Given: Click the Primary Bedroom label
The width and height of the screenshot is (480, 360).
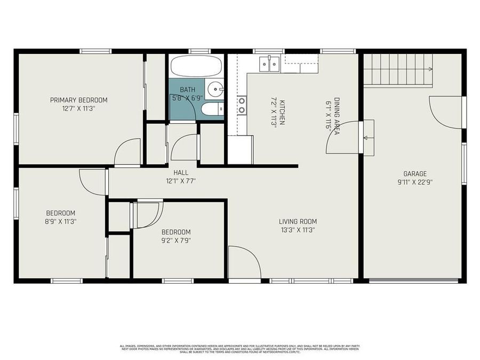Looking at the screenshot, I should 79,100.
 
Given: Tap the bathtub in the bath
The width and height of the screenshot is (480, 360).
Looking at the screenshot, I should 196,67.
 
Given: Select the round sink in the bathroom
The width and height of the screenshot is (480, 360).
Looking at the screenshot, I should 215,89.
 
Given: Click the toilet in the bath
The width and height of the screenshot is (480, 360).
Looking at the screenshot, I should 210,110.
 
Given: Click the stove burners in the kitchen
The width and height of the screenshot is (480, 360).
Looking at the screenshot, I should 242,105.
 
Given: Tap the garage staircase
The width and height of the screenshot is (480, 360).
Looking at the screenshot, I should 397,70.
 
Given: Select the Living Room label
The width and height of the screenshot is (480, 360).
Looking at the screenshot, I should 298,221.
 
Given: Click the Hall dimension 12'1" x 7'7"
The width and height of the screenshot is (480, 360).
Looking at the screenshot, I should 181,181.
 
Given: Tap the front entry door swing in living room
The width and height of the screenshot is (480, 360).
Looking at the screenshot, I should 244,262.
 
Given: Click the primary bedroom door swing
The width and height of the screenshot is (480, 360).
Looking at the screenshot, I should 128,151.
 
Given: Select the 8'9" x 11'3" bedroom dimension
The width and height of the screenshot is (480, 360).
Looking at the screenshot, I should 60,221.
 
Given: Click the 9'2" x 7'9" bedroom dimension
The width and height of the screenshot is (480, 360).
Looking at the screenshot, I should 176,240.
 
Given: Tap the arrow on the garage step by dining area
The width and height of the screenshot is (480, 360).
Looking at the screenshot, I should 366,138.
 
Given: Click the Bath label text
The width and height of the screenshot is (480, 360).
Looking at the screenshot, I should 187,90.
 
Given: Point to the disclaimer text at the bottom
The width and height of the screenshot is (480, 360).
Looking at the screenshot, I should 239,349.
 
